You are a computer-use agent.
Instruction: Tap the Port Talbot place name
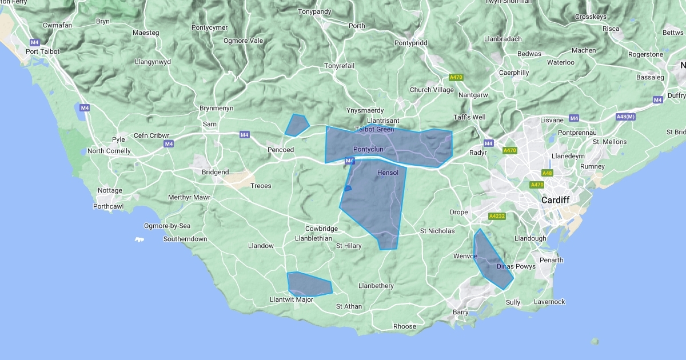click(x=42, y=51)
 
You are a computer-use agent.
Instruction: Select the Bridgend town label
click(x=215, y=172)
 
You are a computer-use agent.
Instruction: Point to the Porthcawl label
click(x=109, y=206)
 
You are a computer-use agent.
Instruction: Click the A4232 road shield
click(x=496, y=217)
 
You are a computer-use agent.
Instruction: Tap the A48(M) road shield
click(x=625, y=117)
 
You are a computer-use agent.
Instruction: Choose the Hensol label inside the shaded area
click(x=388, y=173)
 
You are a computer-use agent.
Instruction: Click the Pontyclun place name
click(x=368, y=150)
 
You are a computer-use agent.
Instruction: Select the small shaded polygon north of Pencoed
click(x=297, y=125)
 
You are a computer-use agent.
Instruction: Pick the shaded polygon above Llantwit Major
click(x=308, y=283)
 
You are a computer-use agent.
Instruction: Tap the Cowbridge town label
click(x=321, y=229)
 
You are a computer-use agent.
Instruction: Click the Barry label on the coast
click(x=460, y=312)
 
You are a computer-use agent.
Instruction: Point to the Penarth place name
click(x=551, y=260)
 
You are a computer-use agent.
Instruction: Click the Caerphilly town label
click(x=513, y=73)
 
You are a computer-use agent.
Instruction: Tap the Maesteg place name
click(x=146, y=33)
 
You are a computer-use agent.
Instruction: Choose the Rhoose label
click(x=405, y=327)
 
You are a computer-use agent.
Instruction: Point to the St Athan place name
click(x=349, y=306)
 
